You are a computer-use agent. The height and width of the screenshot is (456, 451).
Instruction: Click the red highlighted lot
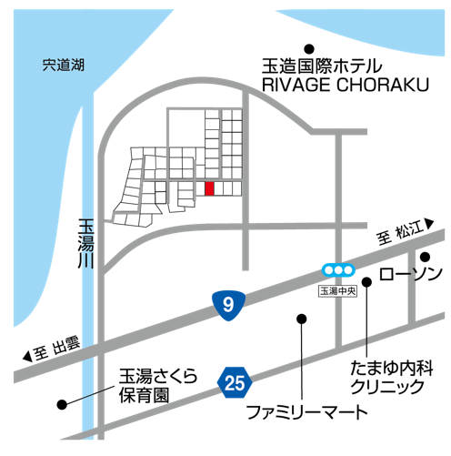click(209, 188)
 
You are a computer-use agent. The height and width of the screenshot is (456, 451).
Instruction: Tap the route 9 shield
click(228, 305)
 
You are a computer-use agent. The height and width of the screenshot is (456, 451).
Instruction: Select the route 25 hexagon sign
click(235, 382)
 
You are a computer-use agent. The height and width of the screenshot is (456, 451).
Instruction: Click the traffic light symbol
click(338, 269)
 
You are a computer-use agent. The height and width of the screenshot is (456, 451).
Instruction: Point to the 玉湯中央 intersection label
click(337, 291)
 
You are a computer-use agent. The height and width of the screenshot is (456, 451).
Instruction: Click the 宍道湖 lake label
click(63, 65)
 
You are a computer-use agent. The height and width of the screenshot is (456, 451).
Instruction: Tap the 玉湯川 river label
click(86, 244)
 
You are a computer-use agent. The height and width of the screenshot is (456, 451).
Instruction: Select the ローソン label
click(410, 274)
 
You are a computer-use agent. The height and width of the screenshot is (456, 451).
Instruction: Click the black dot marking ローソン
click(426, 257)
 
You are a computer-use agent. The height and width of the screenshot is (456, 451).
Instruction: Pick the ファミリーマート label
click(307, 412)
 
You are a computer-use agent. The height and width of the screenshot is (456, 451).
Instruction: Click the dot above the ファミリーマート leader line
click(302, 319)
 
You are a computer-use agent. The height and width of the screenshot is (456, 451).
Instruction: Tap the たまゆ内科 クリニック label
click(391, 378)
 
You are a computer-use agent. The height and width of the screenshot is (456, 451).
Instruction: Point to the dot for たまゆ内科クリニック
click(366, 282)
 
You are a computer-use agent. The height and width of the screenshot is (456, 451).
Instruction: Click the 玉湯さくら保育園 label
click(157, 386)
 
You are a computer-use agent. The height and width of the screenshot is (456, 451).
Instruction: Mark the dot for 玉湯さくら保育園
click(62, 404)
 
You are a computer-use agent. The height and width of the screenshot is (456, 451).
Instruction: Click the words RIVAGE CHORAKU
click(346, 85)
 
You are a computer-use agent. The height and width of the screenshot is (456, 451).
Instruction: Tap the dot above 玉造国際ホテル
click(309, 48)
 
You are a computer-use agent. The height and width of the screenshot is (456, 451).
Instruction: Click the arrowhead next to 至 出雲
click(27, 357)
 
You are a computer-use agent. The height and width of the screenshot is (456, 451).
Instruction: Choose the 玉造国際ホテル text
click(322, 66)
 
